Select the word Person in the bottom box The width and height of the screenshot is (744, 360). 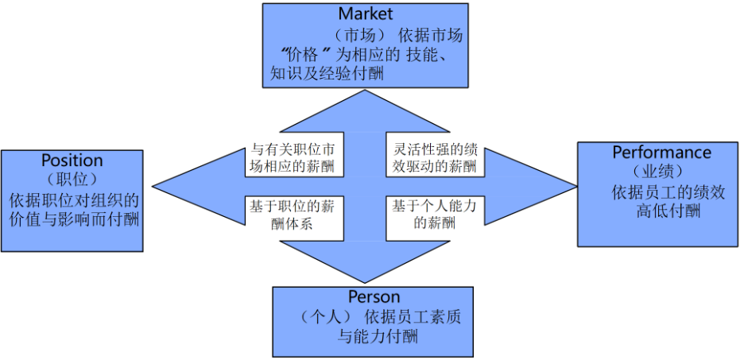pos(374,297)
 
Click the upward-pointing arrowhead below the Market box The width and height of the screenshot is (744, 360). pos(365,111)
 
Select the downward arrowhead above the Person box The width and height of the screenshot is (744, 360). pos(365,266)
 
